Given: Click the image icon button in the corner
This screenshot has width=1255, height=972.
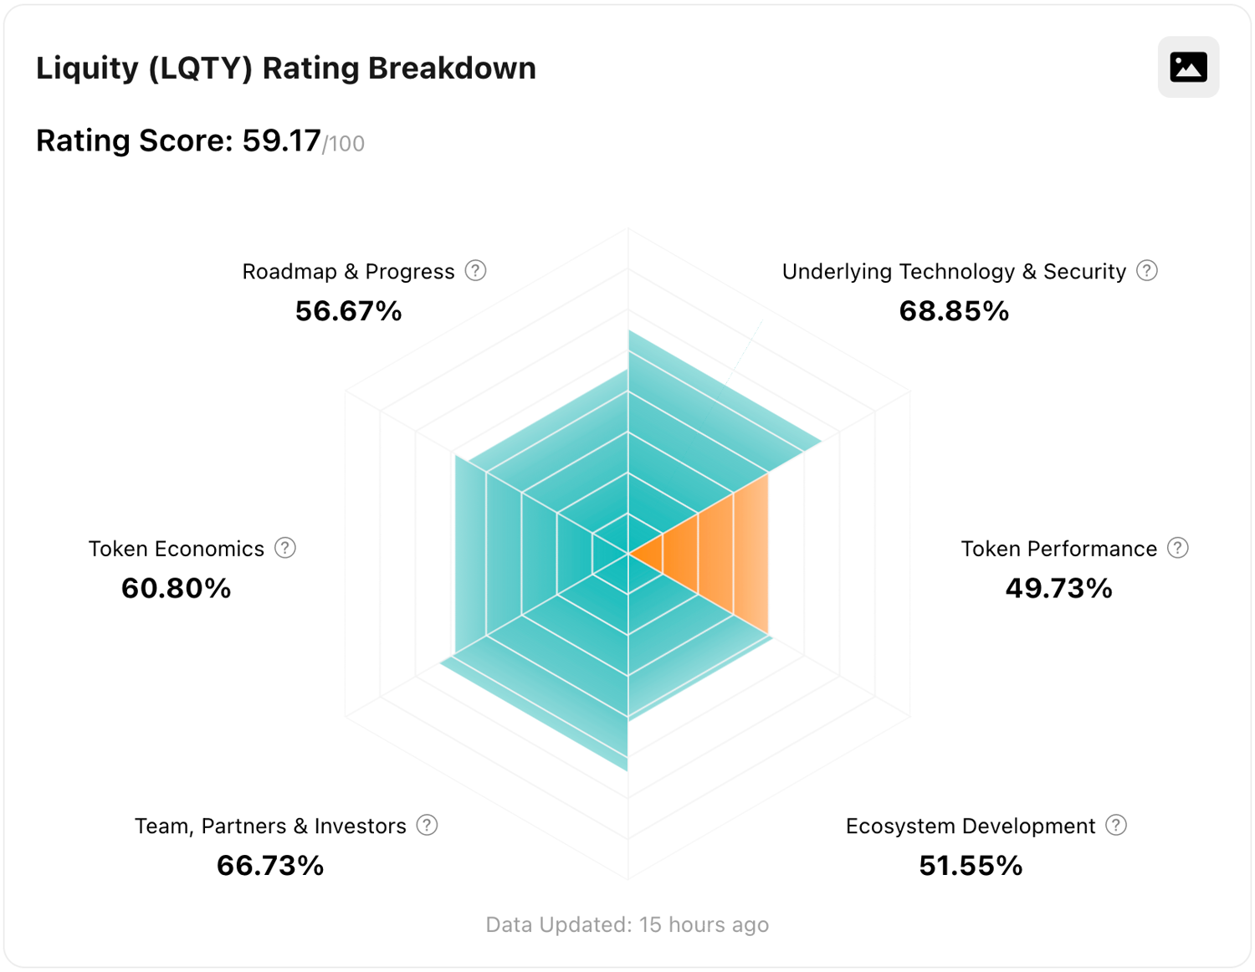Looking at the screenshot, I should [x=1188, y=67].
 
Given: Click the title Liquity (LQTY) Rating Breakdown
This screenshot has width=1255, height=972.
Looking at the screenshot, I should [x=285, y=69].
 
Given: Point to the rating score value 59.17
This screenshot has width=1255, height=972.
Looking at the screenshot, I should [x=281, y=141].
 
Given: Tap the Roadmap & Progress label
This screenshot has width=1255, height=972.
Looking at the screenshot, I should [x=348, y=272].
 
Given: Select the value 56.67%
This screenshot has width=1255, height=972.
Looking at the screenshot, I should [x=348, y=311].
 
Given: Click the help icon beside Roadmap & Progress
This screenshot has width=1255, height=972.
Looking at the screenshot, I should [x=475, y=271].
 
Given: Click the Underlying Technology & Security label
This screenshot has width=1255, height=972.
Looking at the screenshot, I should [x=954, y=272].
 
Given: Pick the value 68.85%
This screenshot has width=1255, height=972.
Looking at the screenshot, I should [x=954, y=311].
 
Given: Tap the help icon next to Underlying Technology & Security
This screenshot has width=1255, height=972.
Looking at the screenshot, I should [x=1147, y=271].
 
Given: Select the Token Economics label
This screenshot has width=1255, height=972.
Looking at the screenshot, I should [x=176, y=549].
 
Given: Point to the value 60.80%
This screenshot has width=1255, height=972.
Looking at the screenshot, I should [x=176, y=588].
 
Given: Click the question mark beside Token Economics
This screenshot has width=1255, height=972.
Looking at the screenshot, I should [x=285, y=548].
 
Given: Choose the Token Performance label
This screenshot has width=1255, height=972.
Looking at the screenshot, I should [x=1058, y=549].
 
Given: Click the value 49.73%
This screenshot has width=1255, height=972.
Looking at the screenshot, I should [x=1058, y=588].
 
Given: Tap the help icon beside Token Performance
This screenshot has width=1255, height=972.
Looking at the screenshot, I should [x=1178, y=548].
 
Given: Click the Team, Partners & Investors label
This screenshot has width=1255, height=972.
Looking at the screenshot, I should [x=270, y=826].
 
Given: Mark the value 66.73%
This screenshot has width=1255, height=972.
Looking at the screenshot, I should [x=270, y=866].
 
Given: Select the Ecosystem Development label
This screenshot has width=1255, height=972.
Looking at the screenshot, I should [x=971, y=826].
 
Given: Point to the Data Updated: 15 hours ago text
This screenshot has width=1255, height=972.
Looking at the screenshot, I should [x=627, y=924].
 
